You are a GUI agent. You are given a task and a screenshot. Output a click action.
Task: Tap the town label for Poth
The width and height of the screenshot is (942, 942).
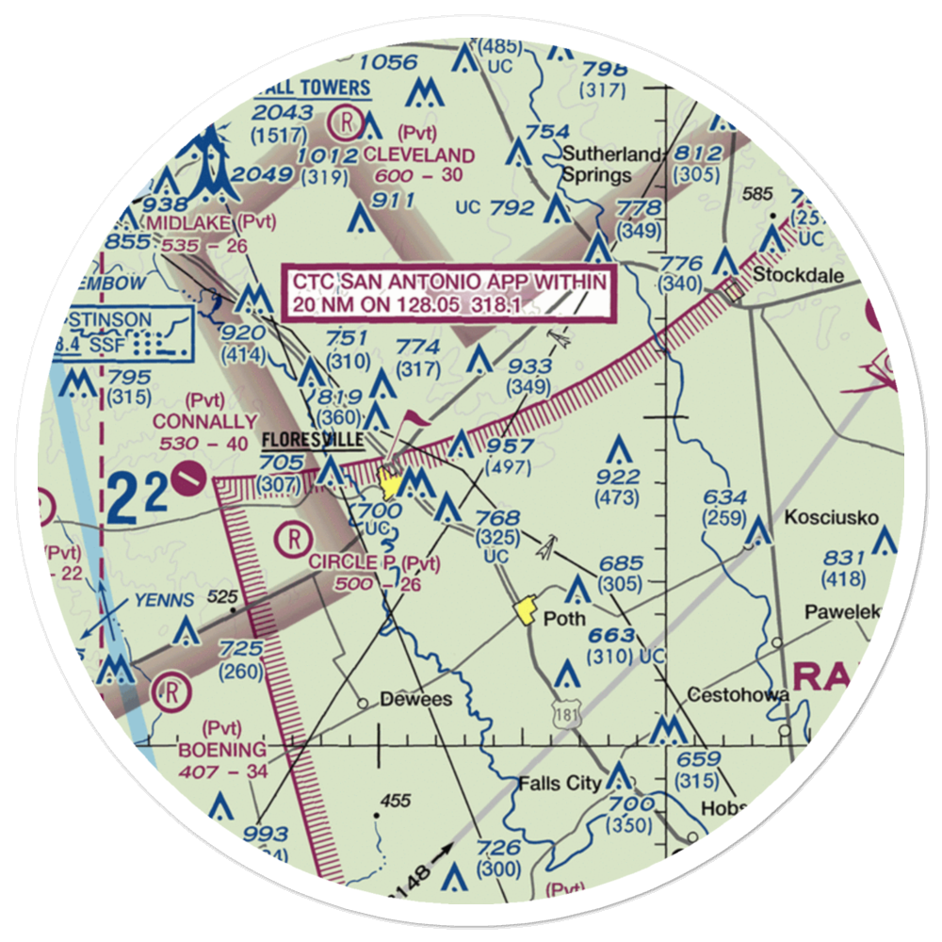point(565,619)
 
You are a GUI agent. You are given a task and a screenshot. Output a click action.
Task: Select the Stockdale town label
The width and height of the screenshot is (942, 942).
point(800,277)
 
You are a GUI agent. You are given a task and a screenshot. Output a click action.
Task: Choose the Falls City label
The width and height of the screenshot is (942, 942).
point(560,784)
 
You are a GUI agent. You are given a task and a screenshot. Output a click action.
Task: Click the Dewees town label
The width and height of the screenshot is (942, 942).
point(415,700)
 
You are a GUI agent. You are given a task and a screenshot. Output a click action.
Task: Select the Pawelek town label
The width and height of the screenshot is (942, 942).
point(841,612)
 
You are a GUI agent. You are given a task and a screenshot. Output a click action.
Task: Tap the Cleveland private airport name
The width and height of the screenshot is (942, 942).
point(419,154)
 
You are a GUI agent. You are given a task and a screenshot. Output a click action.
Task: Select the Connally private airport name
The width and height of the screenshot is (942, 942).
point(205,421)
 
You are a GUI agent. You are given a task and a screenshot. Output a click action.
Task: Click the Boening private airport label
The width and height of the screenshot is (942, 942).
point(222,750)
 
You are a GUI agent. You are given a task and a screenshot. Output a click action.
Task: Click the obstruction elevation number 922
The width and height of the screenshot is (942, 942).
point(617,477)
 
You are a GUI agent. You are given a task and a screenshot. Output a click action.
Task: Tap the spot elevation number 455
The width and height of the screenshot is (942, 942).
point(396,801)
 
